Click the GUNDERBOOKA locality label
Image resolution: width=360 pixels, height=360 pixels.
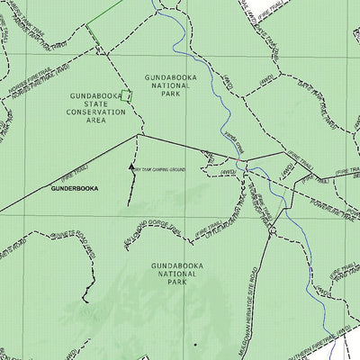coord(75,189)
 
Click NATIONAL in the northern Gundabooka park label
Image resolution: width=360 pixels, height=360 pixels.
coord(171,84)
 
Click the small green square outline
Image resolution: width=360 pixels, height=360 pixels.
coord(127,94)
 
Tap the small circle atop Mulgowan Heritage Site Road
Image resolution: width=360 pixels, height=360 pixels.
coord(269,233)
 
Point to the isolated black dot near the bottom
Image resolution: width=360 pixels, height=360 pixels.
coord(193,344)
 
